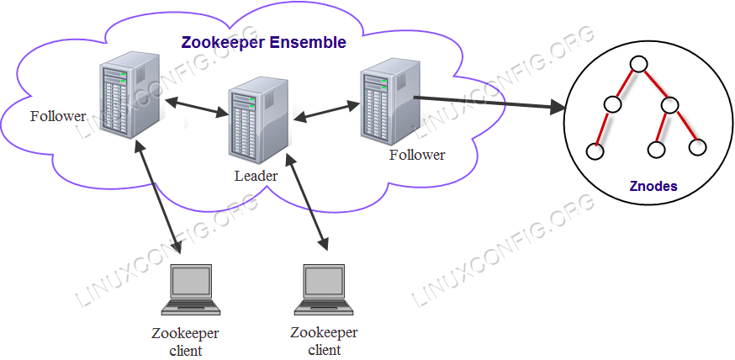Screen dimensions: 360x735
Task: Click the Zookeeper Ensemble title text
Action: point(263,42)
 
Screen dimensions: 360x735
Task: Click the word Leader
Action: point(255,177)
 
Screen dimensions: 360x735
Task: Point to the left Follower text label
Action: point(58,116)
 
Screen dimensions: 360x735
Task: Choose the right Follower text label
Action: point(417,155)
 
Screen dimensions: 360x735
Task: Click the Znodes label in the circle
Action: point(653,186)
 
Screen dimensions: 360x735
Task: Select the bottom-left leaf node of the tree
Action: point(595,151)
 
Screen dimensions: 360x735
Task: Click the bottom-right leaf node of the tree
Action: point(697,147)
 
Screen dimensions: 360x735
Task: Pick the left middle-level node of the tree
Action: point(611,105)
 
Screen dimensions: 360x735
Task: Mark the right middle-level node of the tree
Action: point(669,105)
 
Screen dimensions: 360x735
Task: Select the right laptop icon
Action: point(323,289)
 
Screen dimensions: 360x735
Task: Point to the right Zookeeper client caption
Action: point(324,340)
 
